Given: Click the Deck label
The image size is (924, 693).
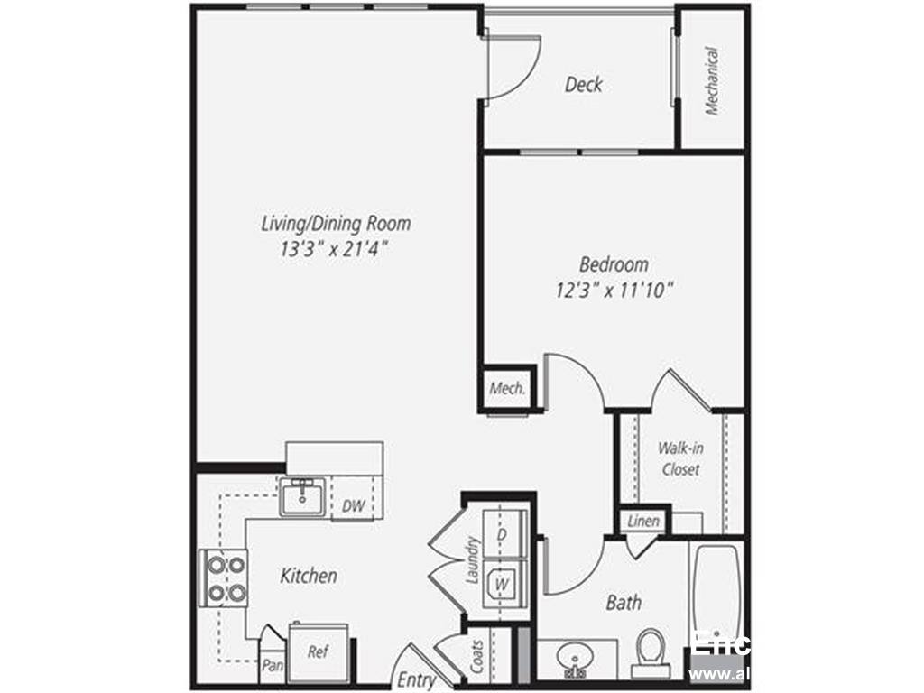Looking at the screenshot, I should click(x=583, y=85).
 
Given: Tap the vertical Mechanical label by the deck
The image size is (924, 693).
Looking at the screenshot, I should click(x=713, y=81).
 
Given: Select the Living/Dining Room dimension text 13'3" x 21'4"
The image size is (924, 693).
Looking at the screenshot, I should click(x=335, y=250).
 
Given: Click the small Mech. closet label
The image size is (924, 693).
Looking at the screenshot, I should click(x=507, y=389).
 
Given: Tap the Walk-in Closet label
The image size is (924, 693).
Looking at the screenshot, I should click(x=679, y=458).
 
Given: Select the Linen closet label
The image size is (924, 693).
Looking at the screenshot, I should click(x=643, y=522).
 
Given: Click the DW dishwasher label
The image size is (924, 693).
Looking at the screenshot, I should click(x=354, y=507).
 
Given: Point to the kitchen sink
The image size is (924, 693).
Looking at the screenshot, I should click(x=301, y=497).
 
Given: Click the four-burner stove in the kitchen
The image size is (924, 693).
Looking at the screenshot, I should click(x=222, y=578).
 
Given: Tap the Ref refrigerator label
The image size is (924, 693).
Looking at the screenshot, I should click(x=318, y=651).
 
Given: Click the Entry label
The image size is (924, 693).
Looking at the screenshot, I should click(x=416, y=680).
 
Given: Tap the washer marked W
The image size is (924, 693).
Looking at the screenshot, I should click(x=501, y=583).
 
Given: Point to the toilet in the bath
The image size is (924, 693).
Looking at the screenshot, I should click(x=650, y=652).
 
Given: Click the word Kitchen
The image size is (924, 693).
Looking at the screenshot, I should click(x=309, y=575).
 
